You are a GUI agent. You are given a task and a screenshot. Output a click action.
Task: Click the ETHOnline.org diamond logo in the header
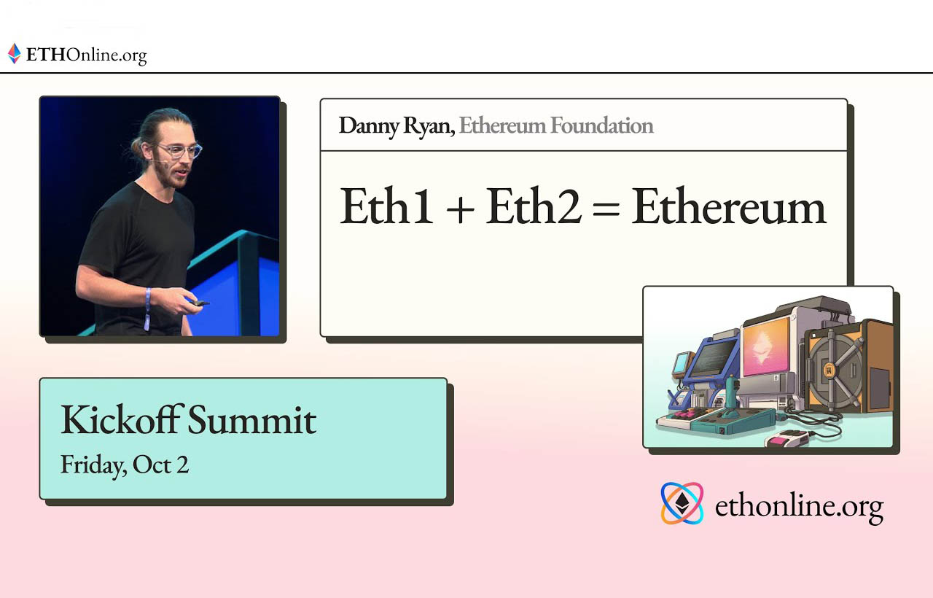click(x=14, y=54)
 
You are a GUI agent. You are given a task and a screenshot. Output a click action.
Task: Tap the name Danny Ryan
click(x=397, y=126)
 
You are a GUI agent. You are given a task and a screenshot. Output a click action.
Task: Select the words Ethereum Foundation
click(x=556, y=125)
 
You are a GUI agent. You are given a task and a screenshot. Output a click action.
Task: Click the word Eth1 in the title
click(x=386, y=206)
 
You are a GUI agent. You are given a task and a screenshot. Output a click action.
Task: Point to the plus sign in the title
click(x=460, y=209)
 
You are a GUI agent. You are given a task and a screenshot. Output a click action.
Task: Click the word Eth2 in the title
click(x=534, y=206)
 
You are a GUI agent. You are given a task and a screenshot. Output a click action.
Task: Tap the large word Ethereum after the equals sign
click(x=728, y=206)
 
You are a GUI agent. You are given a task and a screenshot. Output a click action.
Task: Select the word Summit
click(x=252, y=419)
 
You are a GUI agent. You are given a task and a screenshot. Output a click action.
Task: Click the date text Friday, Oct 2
click(x=125, y=465)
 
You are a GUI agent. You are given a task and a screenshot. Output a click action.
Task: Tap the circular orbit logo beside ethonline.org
click(x=682, y=503)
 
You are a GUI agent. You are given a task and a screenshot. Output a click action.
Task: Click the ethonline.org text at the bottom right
click(x=799, y=506)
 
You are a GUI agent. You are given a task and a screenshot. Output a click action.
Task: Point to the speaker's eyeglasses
click(x=180, y=150)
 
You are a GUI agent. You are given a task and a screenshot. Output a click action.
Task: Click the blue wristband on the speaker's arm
click(x=147, y=308)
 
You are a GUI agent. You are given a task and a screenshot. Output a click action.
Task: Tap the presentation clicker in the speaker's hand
click(x=199, y=303)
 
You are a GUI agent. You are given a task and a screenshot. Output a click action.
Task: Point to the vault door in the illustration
click(x=833, y=370)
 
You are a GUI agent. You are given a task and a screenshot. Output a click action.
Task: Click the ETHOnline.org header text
click(x=86, y=55)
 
